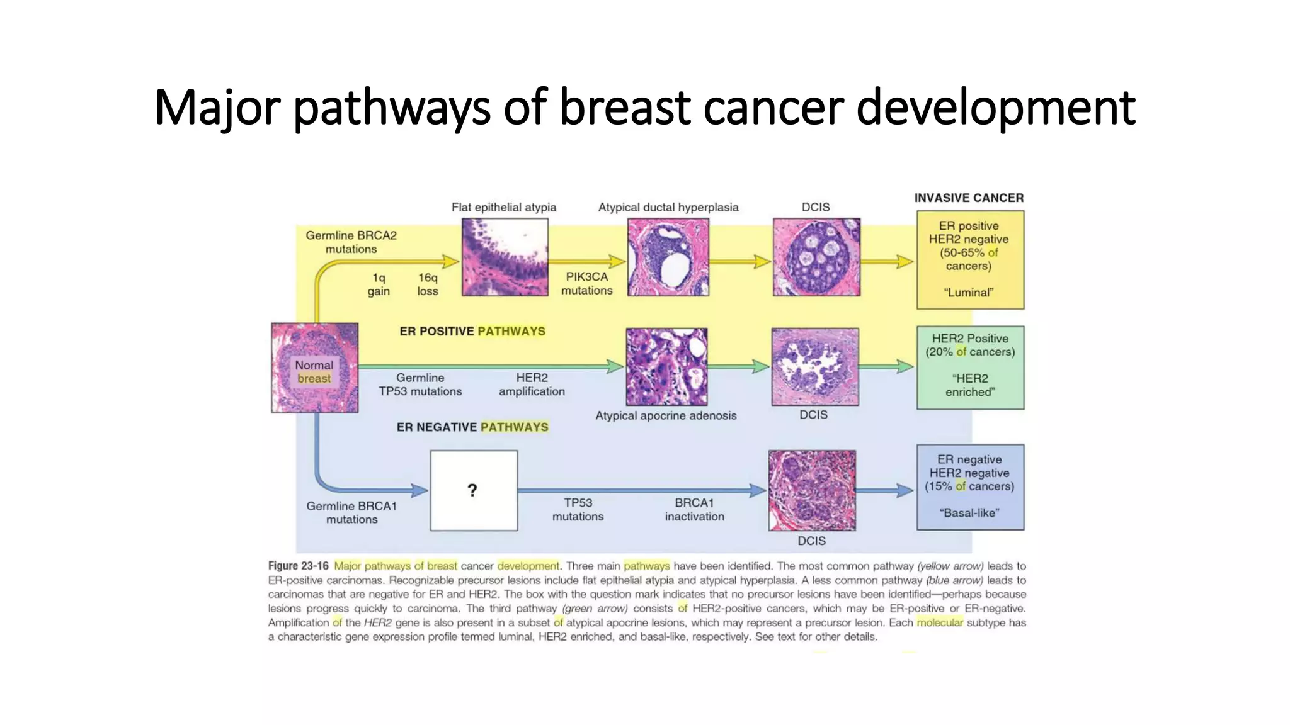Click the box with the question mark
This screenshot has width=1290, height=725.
pos(474,490)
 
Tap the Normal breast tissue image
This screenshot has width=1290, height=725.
pos(314,368)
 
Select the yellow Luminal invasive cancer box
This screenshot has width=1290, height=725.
pos(970,259)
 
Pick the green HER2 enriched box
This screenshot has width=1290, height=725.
pos(970,367)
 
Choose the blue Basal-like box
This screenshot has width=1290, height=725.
pos(970,486)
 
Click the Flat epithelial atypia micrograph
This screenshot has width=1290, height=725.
pos(505,257)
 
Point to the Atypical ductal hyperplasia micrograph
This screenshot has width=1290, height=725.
pos(668,257)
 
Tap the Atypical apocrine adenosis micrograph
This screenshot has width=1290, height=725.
pos(666,366)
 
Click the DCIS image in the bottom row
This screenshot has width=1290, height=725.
pos(812,490)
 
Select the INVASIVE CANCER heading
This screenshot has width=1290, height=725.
pos(969,198)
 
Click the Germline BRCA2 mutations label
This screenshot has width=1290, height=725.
pos(351,242)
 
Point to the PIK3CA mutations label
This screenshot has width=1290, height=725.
pos(586,283)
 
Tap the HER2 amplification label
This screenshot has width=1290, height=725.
pos(532,385)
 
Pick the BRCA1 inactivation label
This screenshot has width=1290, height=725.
pos(694,510)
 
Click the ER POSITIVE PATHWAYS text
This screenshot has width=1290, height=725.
pos(472,331)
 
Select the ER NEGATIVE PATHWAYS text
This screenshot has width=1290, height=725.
pos(472,427)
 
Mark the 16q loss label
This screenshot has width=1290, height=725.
pos(427,284)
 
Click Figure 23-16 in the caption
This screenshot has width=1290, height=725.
pos(298,566)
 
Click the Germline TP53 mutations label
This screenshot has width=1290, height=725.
pos(420,385)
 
